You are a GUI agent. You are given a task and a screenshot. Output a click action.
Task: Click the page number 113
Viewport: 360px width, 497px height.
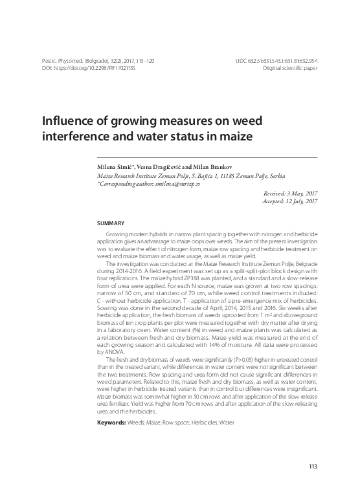point(313,466)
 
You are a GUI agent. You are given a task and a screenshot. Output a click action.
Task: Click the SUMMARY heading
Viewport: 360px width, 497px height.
point(109,222)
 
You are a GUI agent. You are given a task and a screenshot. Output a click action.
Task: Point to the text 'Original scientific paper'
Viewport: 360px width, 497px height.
point(289,67)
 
